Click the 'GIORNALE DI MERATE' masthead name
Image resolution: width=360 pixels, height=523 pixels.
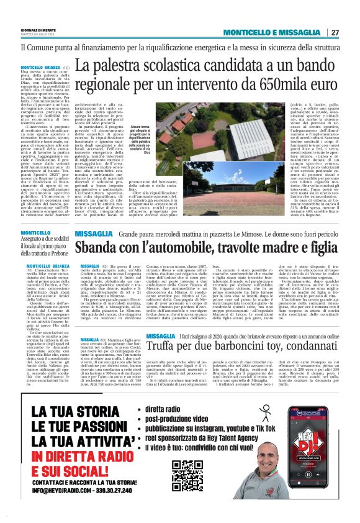click(x=38, y=30)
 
